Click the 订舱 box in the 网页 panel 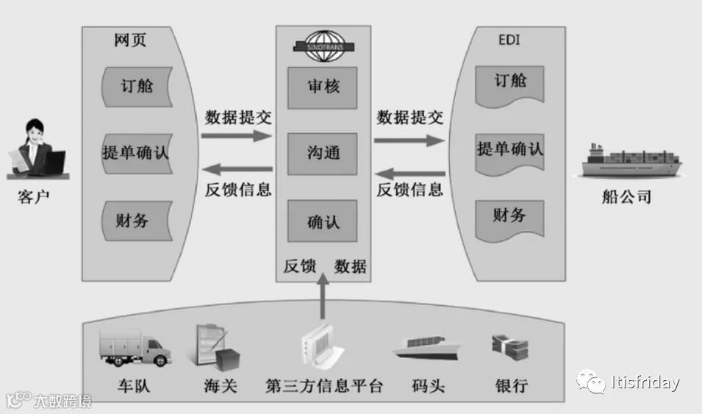click(x=136, y=86)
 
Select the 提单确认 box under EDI click(x=509, y=149)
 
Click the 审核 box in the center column click(x=323, y=86)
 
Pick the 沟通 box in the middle click(x=323, y=153)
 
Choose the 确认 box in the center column click(x=323, y=220)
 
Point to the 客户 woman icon click(x=35, y=150)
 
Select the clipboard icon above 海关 click(x=215, y=346)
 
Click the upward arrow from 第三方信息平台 click(x=323, y=302)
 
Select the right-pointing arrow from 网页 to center click(x=237, y=136)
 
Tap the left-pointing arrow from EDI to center click(x=409, y=174)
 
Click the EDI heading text click(x=508, y=40)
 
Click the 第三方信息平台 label click(x=323, y=385)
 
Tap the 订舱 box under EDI click(x=509, y=82)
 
